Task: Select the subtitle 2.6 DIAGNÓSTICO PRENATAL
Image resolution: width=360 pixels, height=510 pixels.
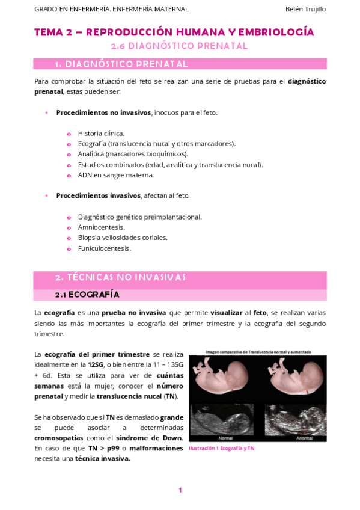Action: [180, 46]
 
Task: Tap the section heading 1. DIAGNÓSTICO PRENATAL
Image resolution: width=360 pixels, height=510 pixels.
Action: [121, 64]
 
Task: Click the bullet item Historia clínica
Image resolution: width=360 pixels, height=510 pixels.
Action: [101, 133]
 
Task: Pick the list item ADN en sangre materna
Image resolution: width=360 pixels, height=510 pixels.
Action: [115, 175]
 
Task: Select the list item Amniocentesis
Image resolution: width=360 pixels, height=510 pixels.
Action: [101, 227]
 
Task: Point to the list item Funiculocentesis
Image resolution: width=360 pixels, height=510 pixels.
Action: [104, 248]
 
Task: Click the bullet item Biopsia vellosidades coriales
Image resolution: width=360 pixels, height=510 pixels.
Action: [123, 238]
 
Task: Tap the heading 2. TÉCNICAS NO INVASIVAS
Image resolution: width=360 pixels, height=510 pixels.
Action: [120, 277]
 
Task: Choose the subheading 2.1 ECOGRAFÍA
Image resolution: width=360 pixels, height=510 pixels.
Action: [87, 295]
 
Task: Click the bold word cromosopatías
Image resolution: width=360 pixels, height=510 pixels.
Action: [59, 437]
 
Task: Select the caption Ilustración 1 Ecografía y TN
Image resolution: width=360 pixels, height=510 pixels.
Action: [221, 449]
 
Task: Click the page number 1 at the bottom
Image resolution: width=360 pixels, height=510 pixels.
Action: [180, 490]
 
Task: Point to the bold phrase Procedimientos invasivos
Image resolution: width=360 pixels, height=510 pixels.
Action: [98, 195]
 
